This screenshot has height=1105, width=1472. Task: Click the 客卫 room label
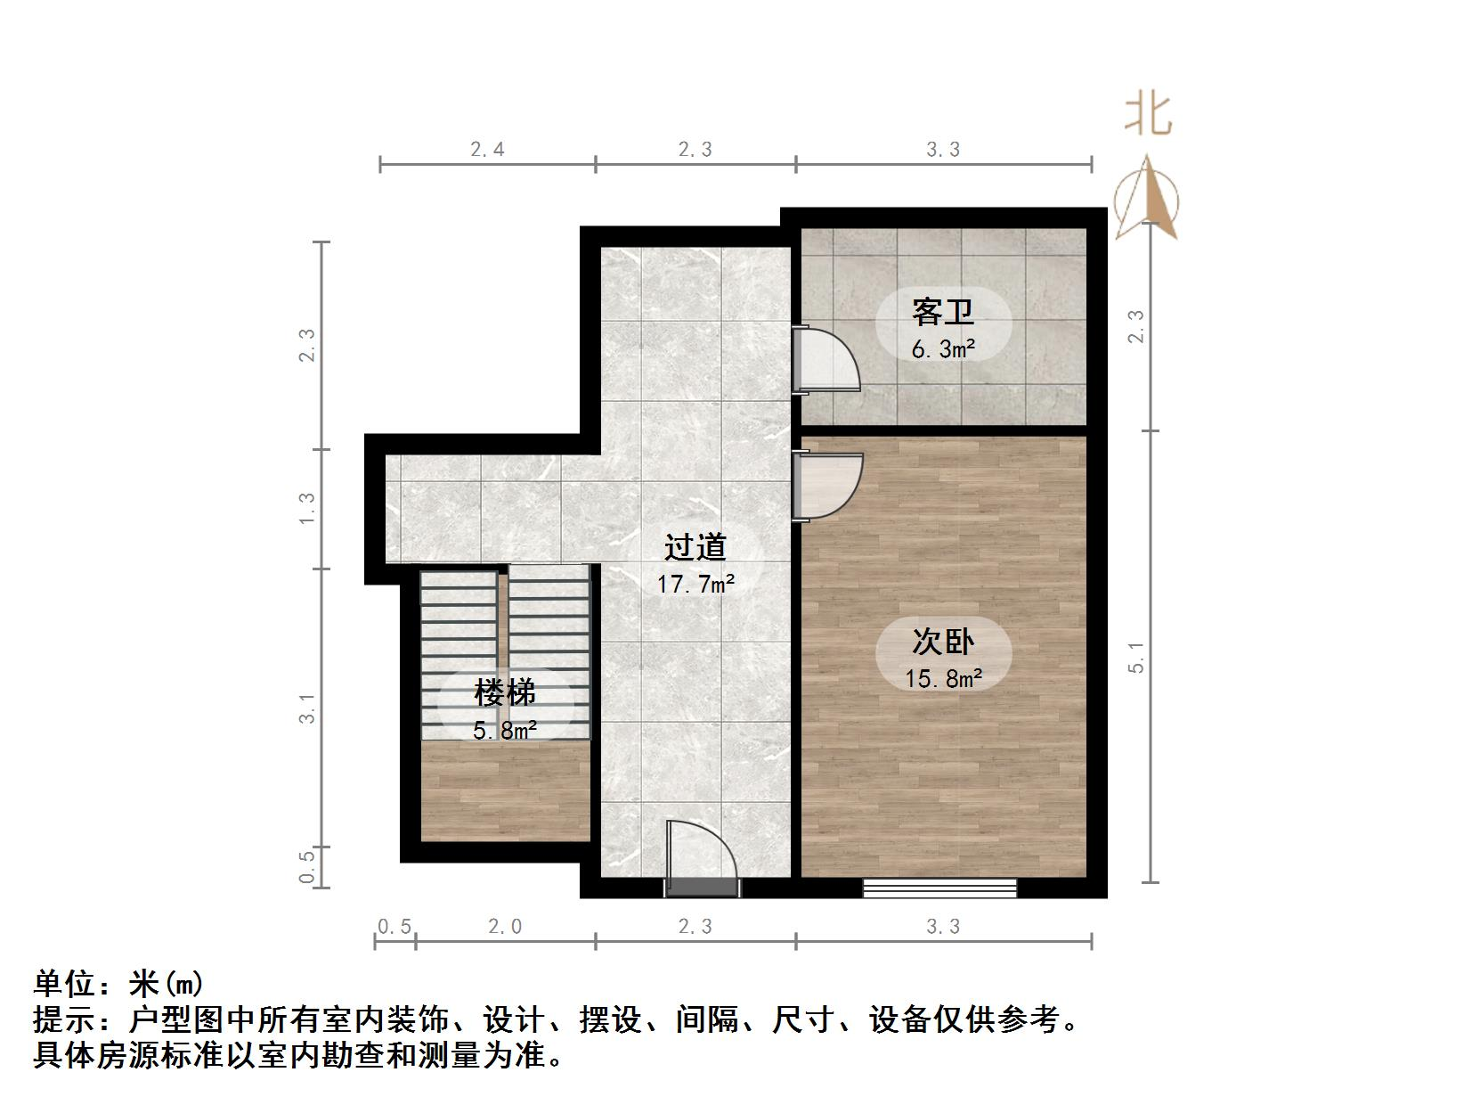942,312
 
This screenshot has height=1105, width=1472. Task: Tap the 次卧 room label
942,642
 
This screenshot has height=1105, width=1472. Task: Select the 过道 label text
695,547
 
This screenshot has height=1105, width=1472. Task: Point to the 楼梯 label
504,692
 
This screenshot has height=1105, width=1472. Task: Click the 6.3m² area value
943,348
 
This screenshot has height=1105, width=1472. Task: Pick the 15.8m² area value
943,679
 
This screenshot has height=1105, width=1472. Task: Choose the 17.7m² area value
695,585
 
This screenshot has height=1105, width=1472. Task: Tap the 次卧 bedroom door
828,486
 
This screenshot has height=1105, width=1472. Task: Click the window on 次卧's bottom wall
939,888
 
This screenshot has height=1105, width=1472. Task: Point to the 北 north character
1147,115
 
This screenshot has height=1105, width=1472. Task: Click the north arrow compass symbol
1147,198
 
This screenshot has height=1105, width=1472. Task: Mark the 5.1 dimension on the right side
1136,657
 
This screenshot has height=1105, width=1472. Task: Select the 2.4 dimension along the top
487,150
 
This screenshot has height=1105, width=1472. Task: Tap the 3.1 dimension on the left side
307,708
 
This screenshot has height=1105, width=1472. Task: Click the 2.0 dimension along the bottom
505,927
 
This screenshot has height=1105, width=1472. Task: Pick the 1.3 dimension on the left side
307,509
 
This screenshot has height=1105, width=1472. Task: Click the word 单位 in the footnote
64,984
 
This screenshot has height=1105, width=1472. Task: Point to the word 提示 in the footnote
64,1019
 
